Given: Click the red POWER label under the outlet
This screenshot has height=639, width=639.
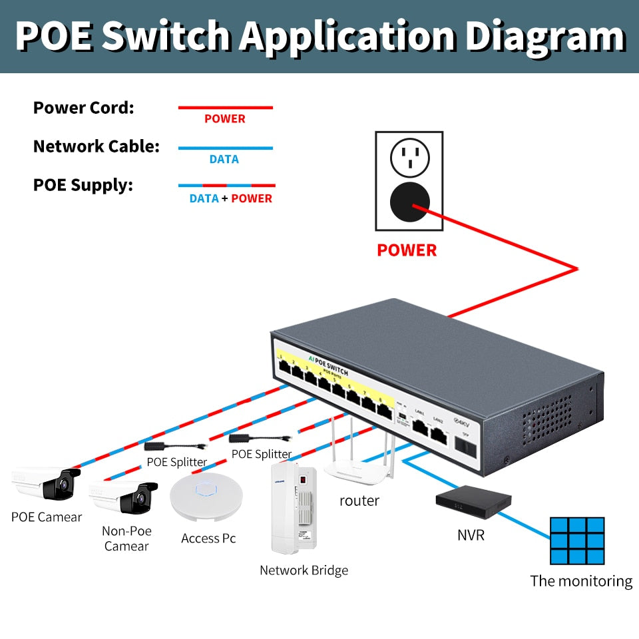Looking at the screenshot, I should click(x=407, y=250).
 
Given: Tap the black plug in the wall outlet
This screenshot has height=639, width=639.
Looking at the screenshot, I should click(x=409, y=201).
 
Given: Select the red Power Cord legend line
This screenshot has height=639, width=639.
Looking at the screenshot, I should click(x=225, y=107).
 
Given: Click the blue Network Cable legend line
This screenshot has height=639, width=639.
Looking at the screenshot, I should click(x=225, y=148).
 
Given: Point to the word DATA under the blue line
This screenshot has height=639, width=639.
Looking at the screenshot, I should click(x=224, y=159).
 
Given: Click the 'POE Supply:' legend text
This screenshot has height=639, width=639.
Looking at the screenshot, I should click(x=83, y=185).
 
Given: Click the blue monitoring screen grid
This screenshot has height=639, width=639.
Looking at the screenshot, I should click(x=577, y=540).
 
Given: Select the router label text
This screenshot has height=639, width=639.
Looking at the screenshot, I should click(x=359, y=501).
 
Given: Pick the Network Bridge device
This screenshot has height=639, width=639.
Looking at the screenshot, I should click(x=293, y=513).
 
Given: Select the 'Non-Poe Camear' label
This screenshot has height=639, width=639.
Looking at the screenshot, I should click(x=126, y=538).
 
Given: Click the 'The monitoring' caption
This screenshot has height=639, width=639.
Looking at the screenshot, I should click(x=581, y=581).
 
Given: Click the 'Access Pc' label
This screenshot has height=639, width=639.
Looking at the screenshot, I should click(x=208, y=538).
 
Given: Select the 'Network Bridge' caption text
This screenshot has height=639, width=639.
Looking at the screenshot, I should click(x=304, y=570).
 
